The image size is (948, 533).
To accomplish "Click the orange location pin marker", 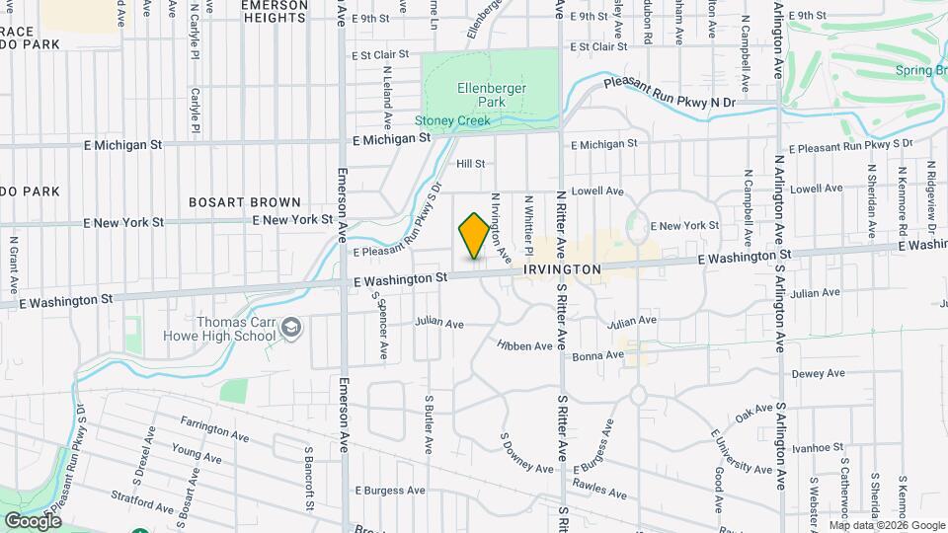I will (474, 235).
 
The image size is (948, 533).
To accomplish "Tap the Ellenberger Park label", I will (492, 95).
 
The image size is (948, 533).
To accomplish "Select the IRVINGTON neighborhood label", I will (562, 268).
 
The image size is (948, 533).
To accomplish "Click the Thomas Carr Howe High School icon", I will (291, 327).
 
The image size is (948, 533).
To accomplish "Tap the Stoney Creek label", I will (452, 120).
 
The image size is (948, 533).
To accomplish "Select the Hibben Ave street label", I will (525, 345).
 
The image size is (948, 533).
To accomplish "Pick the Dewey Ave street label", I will (819, 374).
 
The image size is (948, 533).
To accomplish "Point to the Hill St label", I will (470, 164).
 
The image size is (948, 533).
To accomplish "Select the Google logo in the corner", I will (33, 520).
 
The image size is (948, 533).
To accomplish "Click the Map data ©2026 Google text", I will (886, 524).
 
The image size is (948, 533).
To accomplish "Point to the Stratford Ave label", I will (135, 495).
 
